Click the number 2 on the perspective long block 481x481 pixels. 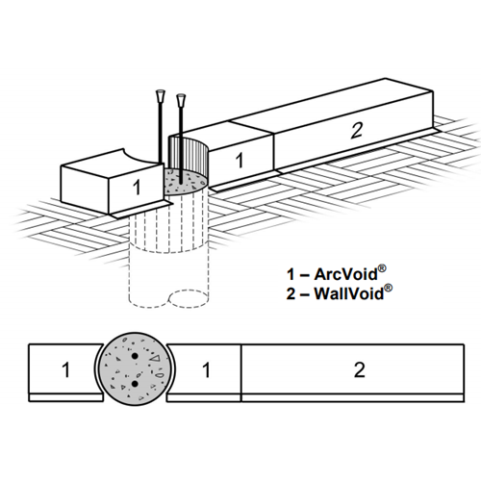(357, 131)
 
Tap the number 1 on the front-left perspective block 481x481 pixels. (137, 187)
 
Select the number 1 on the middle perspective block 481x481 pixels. (240, 160)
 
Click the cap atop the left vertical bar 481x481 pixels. (160, 96)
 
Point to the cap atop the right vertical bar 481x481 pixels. (181, 99)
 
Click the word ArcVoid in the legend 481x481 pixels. (345, 274)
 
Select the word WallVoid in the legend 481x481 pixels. (349, 293)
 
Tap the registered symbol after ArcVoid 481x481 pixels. (382, 268)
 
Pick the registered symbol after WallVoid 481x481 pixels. (388, 288)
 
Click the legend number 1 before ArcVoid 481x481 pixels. (291, 275)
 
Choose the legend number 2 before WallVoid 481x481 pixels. (291, 293)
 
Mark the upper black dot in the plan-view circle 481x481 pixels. (135, 356)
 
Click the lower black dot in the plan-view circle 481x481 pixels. (135, 383)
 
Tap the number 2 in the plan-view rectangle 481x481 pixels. (359, 369)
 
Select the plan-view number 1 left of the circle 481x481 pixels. (65, 369)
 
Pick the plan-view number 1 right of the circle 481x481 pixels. (206, 369)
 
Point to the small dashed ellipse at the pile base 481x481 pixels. (189, 298)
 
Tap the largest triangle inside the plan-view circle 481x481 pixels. (156, 358)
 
